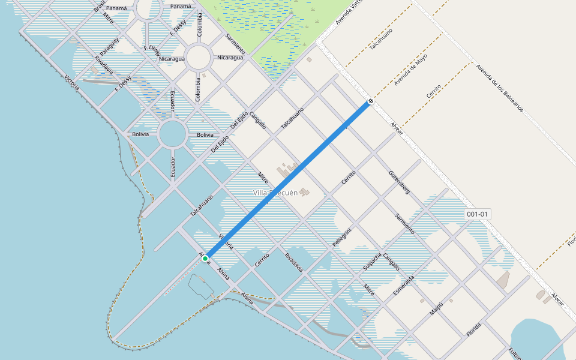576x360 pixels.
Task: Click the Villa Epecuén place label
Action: click(275, 193)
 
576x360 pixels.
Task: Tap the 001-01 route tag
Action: click(478, 214)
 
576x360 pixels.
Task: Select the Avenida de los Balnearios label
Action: click(499, 88)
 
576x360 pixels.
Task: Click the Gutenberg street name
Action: click(399, 182)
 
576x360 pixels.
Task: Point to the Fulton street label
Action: click(514, 352)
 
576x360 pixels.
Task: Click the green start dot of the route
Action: click(205, 259)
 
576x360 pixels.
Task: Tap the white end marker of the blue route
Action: click(371, 101)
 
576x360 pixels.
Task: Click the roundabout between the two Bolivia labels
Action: click(172, 135)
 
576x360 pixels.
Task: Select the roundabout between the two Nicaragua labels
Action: click(198, 58)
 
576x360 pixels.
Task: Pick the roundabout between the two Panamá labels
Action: click(149, 8)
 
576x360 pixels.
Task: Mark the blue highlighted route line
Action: click(288, 180)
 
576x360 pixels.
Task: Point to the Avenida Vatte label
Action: click(350, 12)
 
